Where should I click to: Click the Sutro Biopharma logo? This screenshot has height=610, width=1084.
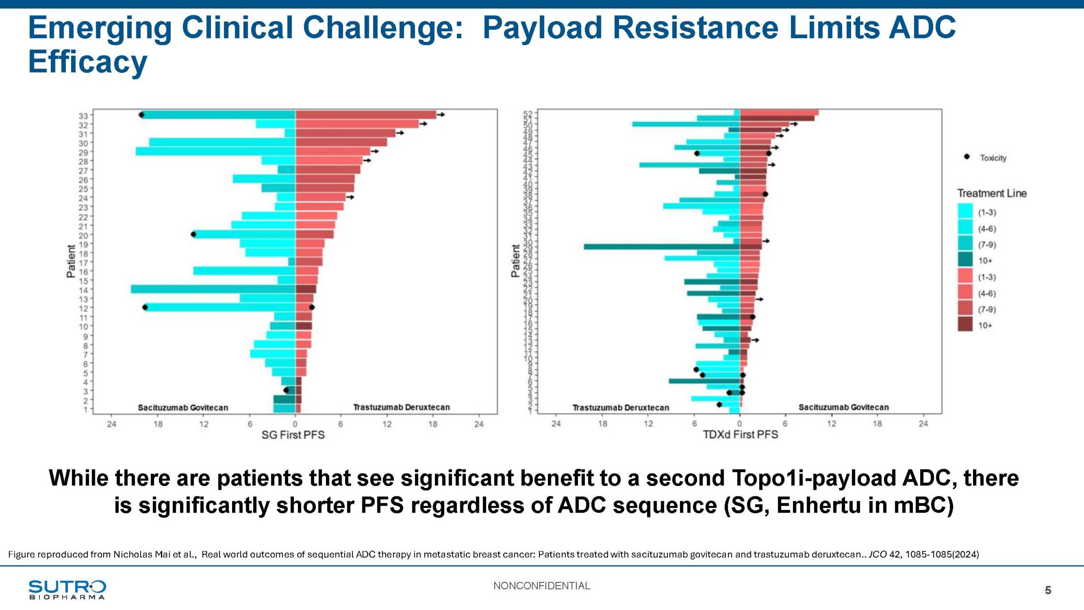point(67,589)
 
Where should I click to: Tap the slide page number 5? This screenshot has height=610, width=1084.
point(1048,590)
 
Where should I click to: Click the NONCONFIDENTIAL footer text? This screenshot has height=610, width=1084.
point(542,586)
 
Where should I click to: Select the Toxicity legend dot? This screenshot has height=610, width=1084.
point(967,157)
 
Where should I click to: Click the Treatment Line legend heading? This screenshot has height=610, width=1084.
point(992,193)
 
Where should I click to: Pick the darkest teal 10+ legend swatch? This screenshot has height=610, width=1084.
point(965,260)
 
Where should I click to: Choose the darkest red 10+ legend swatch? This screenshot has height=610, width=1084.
point(965,325)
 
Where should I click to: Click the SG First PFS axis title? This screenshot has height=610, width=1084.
point(293,435)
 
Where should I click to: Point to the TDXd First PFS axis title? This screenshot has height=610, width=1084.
point(740,435)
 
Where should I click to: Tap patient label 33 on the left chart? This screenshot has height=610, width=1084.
point(83,116)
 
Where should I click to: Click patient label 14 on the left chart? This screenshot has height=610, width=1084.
point(83,290)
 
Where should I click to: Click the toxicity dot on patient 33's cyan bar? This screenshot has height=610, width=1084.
point(141,115)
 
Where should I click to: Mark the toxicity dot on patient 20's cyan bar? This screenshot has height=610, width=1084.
point(194,234)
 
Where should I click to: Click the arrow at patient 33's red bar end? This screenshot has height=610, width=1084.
point(441,114)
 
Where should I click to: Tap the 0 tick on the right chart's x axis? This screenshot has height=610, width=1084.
point(739,424)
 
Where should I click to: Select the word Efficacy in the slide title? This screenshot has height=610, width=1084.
point(88,62)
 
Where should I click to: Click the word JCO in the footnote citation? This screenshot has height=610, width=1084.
point(877,554)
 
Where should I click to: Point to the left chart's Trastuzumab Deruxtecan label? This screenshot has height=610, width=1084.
point(401,407)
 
